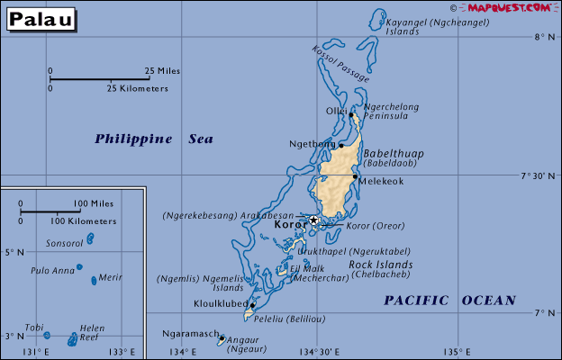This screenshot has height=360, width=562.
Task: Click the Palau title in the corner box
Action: pyautogui.click(x=41, y=20)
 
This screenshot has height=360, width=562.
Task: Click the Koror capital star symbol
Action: pyautogui.click(x=313, y=220)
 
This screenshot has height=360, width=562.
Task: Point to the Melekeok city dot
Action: pyautogui.click(x=355, y=176)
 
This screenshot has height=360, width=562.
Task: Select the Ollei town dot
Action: pyautogui.click(x=350, y=114)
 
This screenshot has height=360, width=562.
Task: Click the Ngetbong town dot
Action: pyautogui.click(x=340, y=145)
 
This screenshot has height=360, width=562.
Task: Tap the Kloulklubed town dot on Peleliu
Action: pyautogui.click(x=252, y=305)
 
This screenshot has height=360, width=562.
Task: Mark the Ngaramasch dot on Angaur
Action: pyautogui.click(x=222, y=338)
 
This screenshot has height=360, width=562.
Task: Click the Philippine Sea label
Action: pyautogui.click(x=154, y=139)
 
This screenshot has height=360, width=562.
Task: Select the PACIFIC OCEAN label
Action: pyautogui.click(x=449, y=301)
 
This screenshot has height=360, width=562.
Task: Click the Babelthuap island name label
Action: pyautogui.click(x=393, y=154)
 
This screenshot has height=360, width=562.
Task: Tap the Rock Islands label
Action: pyautogui.click(x=380, y=265)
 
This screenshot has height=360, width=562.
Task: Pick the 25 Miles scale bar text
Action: pyautogui.click(x=162, y=70)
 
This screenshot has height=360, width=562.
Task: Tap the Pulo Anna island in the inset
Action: pyautogui.click(x=79, y=266)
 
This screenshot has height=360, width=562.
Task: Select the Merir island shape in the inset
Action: pyautogui.click(x=94, y=280)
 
